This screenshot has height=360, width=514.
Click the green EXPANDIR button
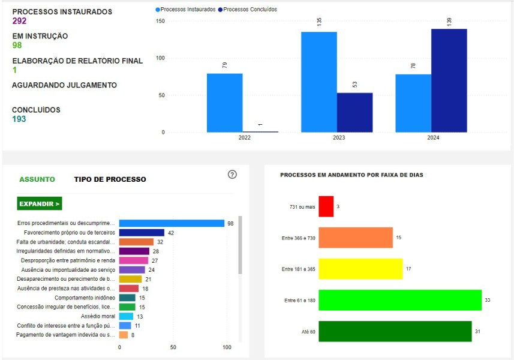click(40, 204)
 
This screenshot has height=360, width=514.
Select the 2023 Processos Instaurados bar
click(318, 82)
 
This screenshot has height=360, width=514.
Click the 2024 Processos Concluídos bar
click(449, 80)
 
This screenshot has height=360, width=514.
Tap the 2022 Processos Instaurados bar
click(224, 103)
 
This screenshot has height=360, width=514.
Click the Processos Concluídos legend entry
click(247, 10)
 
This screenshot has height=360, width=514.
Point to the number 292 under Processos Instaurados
click(19, 21)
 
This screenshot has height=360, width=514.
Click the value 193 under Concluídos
click(19, 119)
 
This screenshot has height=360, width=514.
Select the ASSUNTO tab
click(37, 179)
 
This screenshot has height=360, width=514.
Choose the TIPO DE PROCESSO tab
click(110, 179)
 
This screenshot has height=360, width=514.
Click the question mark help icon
click(233, 175)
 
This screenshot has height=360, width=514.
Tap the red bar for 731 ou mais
click(326, 206)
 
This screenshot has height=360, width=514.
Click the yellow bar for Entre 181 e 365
click(360, 269)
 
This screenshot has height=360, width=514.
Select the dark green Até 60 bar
click(395, 331)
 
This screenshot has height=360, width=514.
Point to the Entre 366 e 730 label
click(298, 238)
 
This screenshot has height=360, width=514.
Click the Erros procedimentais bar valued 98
click(172, 223)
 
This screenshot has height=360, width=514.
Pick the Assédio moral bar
click(126, 316)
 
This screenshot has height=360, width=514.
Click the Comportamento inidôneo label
click(85, 298)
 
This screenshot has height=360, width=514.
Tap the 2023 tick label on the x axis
click(339, 138)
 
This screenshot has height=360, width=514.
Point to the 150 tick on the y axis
click(160, 22)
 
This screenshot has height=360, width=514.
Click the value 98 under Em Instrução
click(17, 46)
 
